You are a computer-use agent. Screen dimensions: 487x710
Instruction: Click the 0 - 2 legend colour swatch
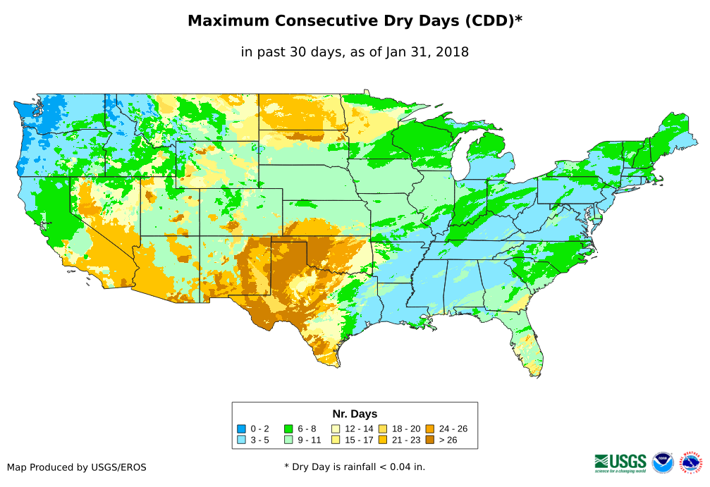[x=241, y=429]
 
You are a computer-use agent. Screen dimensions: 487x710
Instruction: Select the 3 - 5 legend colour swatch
[x=241, y=440]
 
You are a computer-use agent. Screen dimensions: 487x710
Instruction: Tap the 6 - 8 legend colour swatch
[x=288, y=429]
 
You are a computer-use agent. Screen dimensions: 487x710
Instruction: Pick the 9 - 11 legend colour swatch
[x=288, y=440]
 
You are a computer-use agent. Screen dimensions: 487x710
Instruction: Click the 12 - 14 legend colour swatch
[x=336, y=429]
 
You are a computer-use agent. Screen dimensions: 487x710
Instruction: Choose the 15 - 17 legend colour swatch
[x=336, y=440]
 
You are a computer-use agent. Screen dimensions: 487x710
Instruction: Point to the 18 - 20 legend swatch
[x=383, y=429]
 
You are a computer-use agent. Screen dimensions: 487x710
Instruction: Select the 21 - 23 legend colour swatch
[x=383, y=440]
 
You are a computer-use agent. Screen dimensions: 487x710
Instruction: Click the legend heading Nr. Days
[x=355, y=414]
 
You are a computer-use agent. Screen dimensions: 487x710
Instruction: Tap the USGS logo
[x=620, y=462]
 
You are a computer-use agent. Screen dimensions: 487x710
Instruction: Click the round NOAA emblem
[x=663, y=462]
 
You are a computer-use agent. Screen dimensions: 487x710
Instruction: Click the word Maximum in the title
[x=228, y=21]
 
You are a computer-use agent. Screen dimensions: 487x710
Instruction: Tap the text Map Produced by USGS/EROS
[x=77, y=467]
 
